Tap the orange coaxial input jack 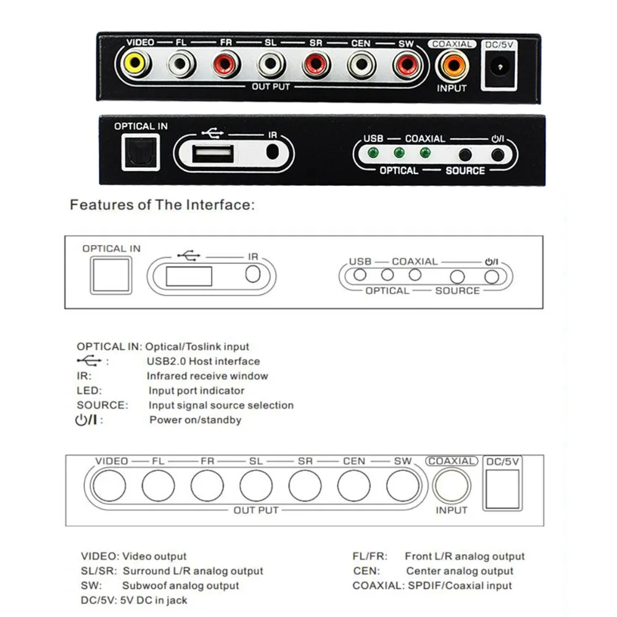click(x=452, y=64)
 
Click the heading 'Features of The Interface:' click(x=162, y=205)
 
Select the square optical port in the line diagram click(x=110, y=275)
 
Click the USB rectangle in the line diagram click(x=189, y=275)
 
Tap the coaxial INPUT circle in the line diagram click(x=451, y=485)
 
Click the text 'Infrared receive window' click(x=207, y=376)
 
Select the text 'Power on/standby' click(x=195, y=420)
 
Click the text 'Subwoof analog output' click(x=180, y=586)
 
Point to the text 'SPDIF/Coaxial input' click(x=458, y=586)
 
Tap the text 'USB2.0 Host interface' click(x=203, y=362)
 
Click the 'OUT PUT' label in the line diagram click(x=256, y=510)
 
